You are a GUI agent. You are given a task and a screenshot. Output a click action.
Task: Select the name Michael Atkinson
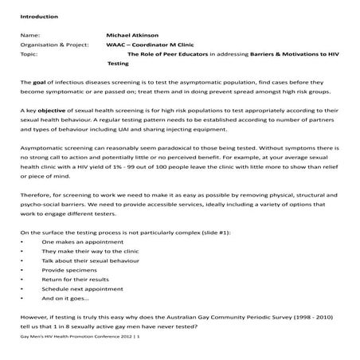tap(133, 35)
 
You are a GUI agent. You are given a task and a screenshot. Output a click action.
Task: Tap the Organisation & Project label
tap(53, 45)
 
